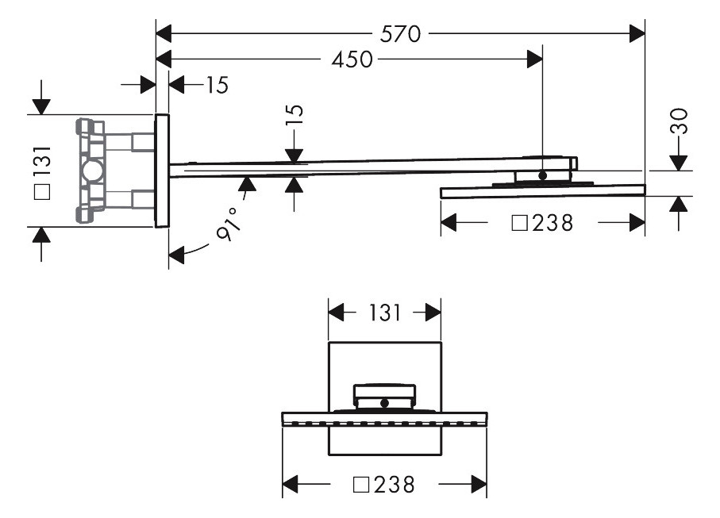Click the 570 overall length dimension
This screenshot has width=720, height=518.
(x=401, y=33)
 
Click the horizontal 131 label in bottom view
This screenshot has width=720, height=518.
(x=384, y=313)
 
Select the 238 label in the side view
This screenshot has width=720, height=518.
(x=553, y=224)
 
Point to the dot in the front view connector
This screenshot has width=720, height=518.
(x=384, y=403)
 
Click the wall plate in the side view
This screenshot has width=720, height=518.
(x=162, y=171)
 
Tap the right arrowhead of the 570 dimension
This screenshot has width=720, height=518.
(x=637, y=33)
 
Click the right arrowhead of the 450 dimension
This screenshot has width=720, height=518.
(x=535, y=59)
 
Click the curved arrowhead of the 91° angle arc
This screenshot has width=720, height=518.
(x=175, y=255)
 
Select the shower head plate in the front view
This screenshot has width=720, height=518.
(x=384, y=417)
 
